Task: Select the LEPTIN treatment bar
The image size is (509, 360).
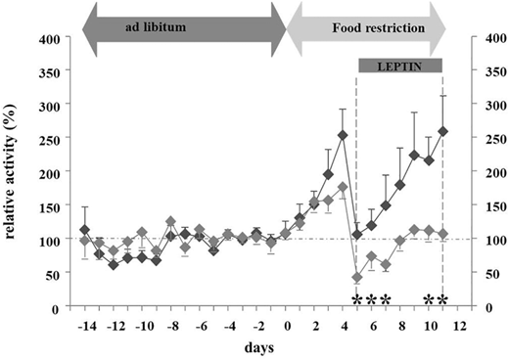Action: (x=400, y=66)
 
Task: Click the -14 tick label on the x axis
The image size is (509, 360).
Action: (x=85, y=324)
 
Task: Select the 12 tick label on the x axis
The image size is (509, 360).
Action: (x=457, y=324)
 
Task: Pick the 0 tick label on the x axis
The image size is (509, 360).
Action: (x=286, y=324)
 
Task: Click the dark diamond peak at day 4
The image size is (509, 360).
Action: (x=343, y=136)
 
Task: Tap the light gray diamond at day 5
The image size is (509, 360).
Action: (x=357, y=279)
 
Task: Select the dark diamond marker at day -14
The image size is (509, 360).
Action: (x=85, y=230)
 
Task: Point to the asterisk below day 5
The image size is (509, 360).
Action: (x=357, y=298)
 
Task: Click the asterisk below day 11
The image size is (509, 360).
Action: (x=443, y=298)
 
